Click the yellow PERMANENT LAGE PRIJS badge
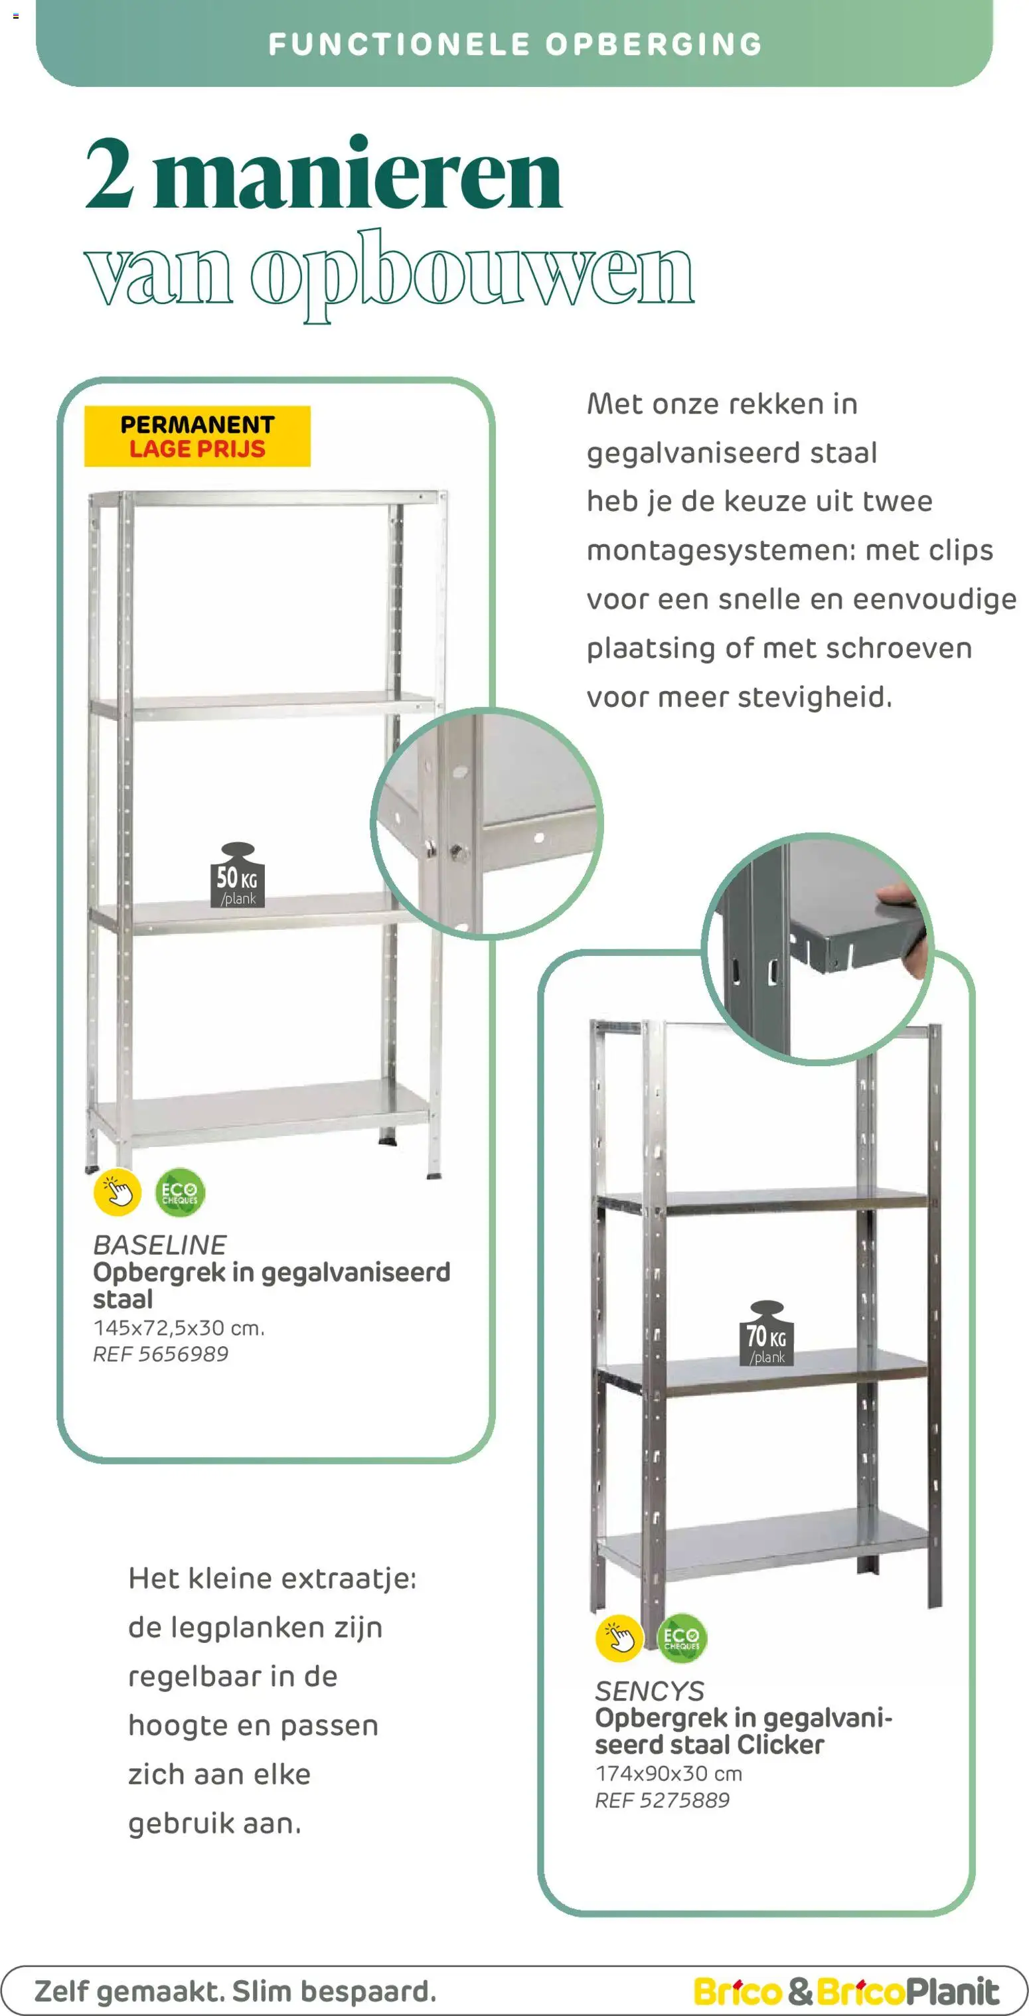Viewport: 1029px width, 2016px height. [197, 436]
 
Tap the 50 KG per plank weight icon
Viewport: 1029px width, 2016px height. [237, 876]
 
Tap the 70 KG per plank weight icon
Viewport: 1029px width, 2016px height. [766, 1334]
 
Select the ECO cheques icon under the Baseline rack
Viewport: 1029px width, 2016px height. [180, 1193]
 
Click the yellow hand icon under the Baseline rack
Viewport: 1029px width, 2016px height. [118, 1193]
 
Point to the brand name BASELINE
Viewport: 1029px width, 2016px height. [159, 1245]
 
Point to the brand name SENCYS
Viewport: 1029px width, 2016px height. [649, 1691]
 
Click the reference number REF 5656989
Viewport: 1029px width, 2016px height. [161, 1354]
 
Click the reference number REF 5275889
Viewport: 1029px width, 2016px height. [662, 1800]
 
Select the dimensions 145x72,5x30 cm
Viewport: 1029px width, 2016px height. [179, 1328]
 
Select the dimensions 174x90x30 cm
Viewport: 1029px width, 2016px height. [669, 1774]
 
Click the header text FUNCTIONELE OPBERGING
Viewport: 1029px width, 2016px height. [515, 44]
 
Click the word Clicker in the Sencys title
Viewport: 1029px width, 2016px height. [780, 1745]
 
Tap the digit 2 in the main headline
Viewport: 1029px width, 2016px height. [110, 174]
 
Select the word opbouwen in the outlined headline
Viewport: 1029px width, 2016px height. [472, 274]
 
